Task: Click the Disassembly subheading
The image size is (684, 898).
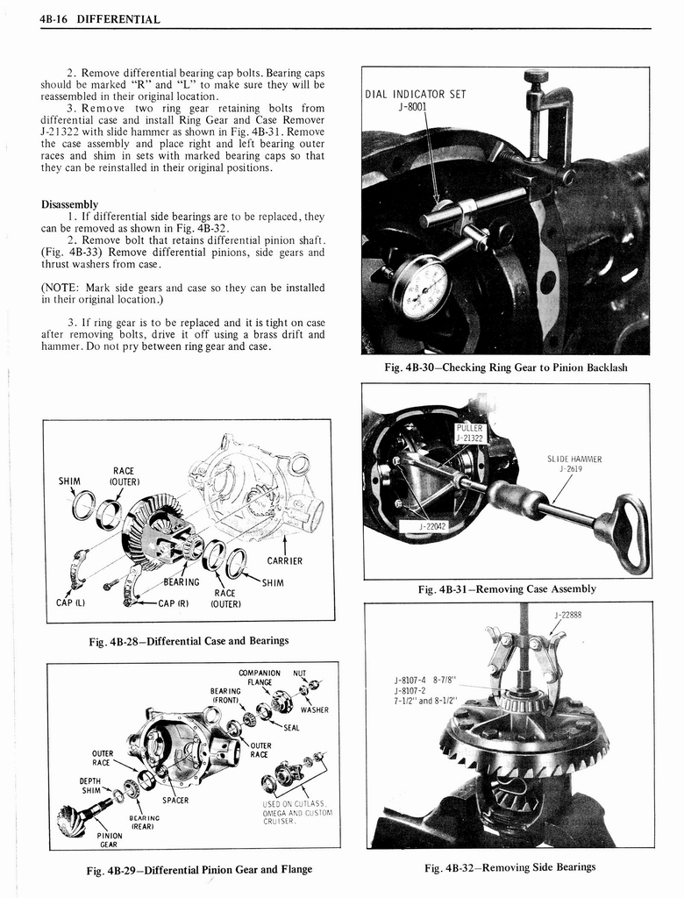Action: click(x=69, y=204)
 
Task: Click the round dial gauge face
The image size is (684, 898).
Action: click(x=422, y=288)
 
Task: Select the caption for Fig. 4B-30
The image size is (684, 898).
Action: click(x=506, y=367)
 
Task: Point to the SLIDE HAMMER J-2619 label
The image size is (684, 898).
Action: click(x=574, y=463)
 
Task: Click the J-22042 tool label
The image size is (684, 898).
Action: click(x=433, y=526)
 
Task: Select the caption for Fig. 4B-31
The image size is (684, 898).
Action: click(x=508, y=588)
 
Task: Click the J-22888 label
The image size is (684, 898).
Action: click(x=568, y=614)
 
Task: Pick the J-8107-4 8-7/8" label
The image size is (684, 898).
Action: click(x=427, y=680)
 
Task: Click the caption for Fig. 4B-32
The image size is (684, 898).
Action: click(x=509, y=867)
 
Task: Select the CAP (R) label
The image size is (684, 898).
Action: click(x=174, y=602)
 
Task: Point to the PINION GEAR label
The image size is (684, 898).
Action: click(x=109, y=840)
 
